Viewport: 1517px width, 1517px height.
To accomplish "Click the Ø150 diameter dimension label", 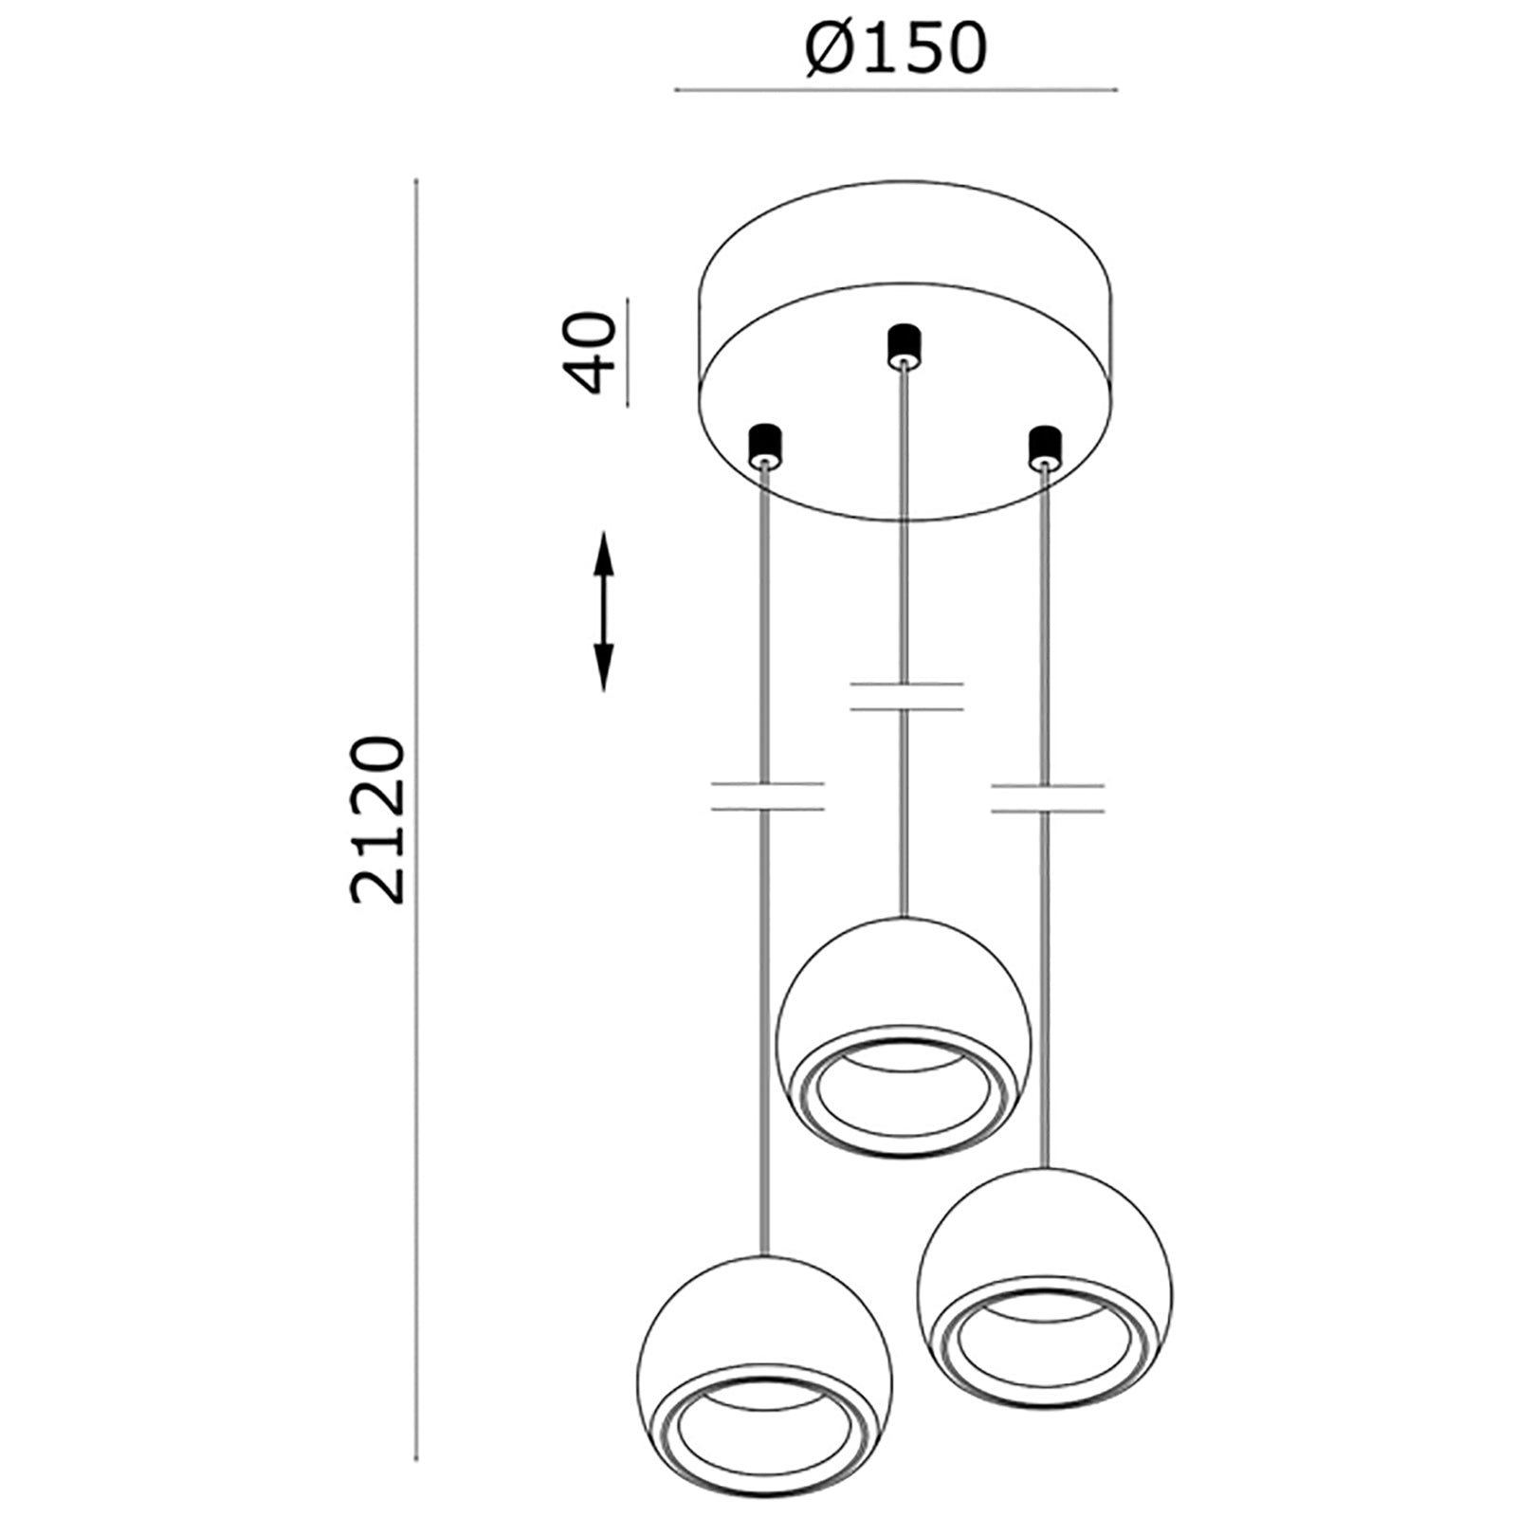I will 895,49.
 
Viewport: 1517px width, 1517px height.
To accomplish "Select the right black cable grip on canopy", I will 1044,446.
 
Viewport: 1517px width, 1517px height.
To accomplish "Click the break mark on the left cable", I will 766,796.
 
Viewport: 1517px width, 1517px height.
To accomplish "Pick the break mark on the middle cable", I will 906,696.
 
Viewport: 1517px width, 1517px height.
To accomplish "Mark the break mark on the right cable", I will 1047,797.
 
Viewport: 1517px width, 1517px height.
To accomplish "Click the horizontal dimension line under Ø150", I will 895,91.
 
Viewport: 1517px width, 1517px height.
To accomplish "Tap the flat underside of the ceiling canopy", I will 905,417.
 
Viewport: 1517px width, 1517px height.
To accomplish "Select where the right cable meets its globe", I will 1046,1166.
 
